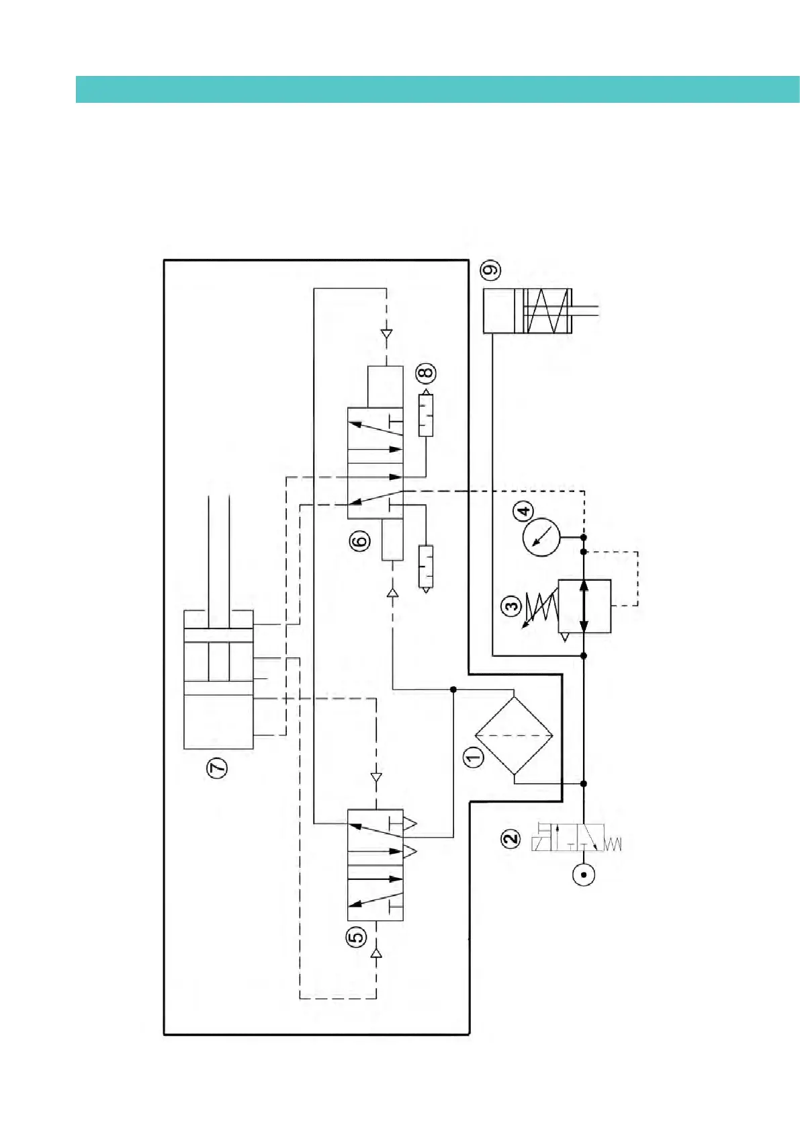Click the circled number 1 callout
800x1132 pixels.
coord(474,757)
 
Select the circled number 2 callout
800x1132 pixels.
coord(511,838)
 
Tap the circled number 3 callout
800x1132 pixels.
coord(512,606)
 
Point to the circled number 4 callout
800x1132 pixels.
coord(524,511)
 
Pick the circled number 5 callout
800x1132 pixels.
coord(356,936)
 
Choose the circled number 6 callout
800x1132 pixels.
coord(360,540)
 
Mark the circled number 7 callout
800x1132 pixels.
coord(217,768)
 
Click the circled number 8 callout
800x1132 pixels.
coord(426,373)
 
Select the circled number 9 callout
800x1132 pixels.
coord(491,270)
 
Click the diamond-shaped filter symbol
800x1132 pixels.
coord(514,736)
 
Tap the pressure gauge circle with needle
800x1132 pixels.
coord(541,537)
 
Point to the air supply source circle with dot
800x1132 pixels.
coord(584,875)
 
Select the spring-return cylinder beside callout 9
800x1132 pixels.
coord(528,311)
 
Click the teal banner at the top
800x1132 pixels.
coord(437,89)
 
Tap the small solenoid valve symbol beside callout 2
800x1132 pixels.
coord(576,838)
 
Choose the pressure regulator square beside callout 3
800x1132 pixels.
coord(584,606)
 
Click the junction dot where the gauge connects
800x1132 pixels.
coord(584,537)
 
